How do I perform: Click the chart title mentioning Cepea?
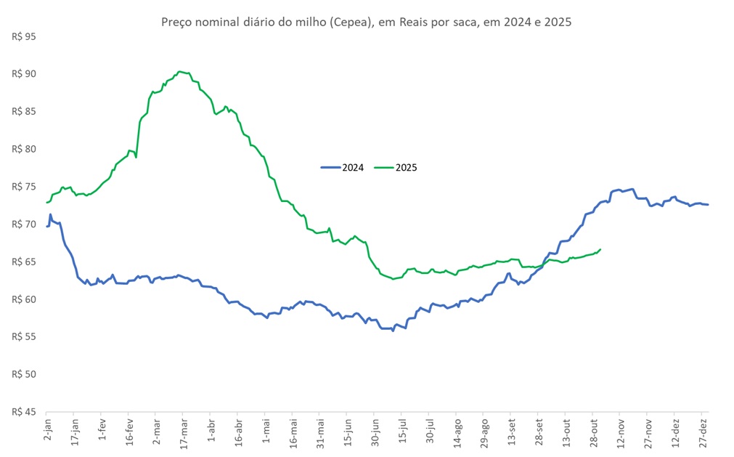366,22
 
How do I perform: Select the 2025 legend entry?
396,168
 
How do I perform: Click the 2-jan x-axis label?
47,429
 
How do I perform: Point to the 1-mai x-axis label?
266,429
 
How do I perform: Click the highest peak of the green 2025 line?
180,71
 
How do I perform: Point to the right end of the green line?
600,249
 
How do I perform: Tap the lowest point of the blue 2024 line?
393,331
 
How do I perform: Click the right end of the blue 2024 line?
708,204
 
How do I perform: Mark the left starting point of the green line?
47,202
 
